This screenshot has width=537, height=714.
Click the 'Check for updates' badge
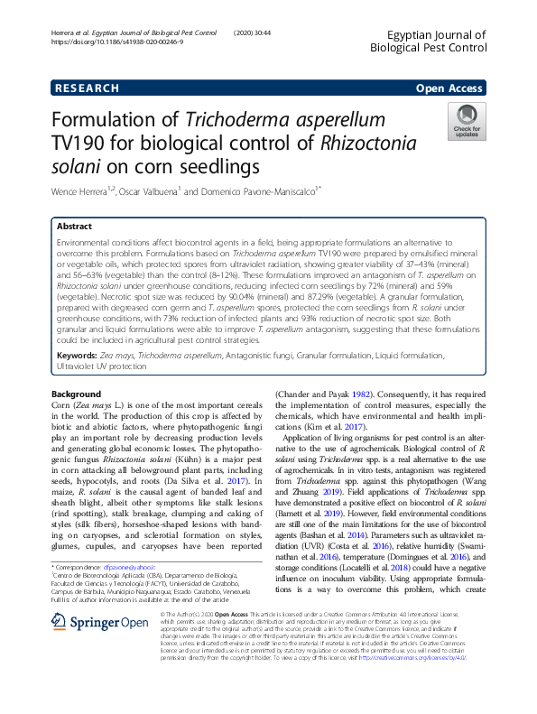point(466,121)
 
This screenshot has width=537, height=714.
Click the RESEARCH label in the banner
point(87,88)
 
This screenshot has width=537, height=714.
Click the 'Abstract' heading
point(76,227)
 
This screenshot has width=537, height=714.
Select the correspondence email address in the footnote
point(134,566)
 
